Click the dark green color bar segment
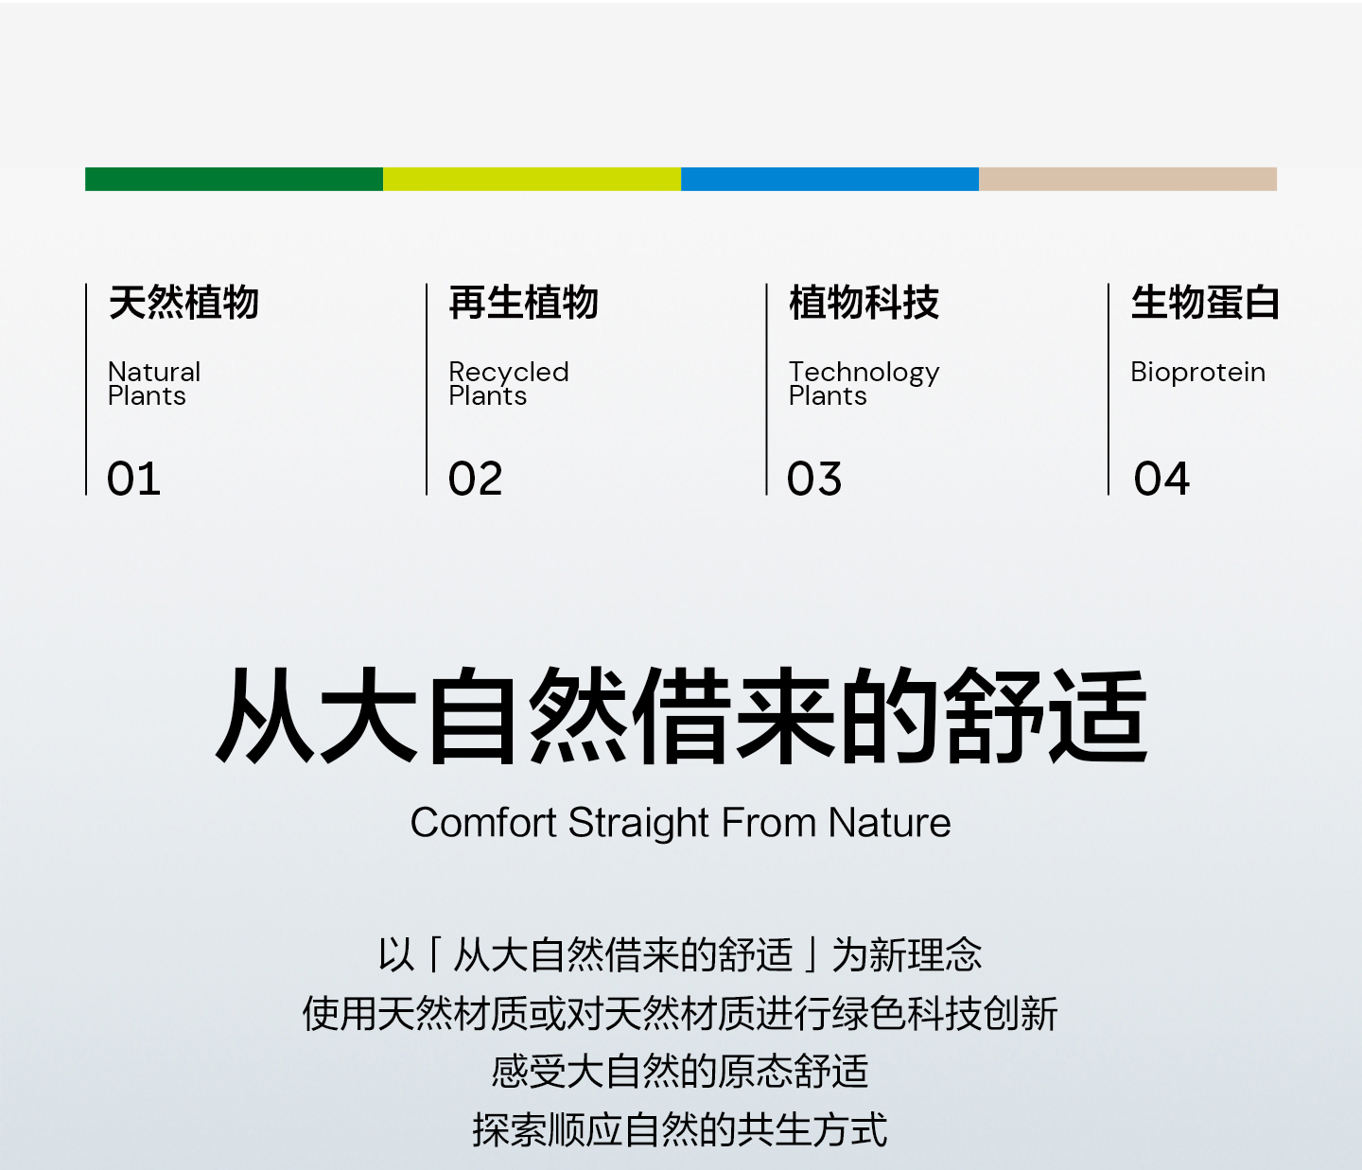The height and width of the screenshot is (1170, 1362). tap(234, 179)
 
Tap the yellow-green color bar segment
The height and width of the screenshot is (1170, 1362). tap(533, 179)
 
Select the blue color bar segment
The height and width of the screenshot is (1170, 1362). tap(830, 179)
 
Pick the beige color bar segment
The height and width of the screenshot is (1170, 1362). tap(1128, 179)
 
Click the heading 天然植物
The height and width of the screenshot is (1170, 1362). tap(183, 303)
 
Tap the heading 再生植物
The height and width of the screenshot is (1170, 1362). tap(524, 303)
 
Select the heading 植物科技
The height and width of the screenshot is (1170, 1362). tap(864, 303)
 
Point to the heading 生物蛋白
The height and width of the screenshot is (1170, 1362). tap(1205, 303)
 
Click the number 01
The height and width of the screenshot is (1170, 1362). tap(133, 479)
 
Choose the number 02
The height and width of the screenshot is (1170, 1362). tap(475, 479)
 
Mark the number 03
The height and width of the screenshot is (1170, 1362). tap(814, 479)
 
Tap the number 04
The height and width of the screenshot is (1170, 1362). tap(1161, 479)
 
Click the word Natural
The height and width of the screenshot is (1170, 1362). tap(154, 373)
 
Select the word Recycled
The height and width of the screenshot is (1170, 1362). tap(509, 373)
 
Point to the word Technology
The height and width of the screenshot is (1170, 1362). tap(864, 373)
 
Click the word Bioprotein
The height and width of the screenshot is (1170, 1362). tap(1198, 373)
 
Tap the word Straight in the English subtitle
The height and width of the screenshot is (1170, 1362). tap(638, 824)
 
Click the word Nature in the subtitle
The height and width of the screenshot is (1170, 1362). tap(889, 822)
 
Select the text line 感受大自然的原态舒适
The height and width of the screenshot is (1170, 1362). tap(680, 1072)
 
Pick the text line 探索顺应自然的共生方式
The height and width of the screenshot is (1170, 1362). tap(680, 1130)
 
